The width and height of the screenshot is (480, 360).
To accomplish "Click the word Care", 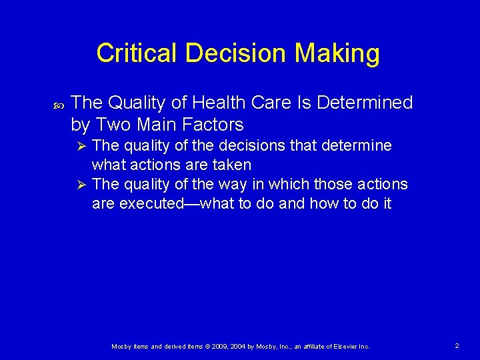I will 273,103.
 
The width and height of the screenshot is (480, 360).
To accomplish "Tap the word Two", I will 117,124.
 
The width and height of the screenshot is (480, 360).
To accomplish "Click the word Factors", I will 209,124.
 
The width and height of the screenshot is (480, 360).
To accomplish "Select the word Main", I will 158,124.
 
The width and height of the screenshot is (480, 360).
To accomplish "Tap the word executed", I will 151,203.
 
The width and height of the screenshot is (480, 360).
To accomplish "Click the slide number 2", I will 457,346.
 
